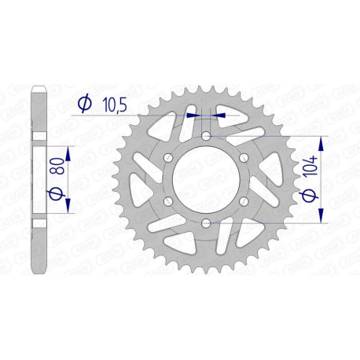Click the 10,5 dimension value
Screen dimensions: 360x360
(111, 101)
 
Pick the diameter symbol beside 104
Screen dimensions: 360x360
(307, 201)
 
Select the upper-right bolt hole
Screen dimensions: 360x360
(244, 159)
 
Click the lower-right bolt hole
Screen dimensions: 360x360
(244, 202)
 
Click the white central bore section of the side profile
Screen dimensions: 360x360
(37, 180)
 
